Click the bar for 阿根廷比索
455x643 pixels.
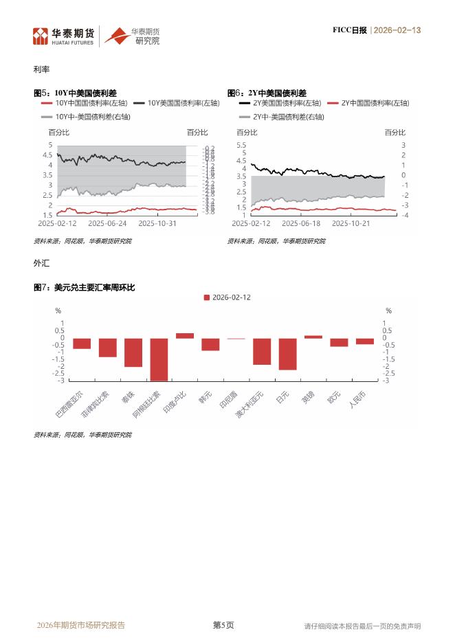pyautogui.click(x=159, y=359)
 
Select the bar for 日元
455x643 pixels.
pyautogui.click(x=287, y=354)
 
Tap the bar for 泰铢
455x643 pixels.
pyautogui.click(x=133, y=352)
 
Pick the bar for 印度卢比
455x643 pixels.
pyautogui.click(x=185, y=335)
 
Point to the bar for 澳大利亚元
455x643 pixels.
pyautogui.click(x=262, y=351)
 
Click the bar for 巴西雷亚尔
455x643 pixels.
pyautogui.click(x=82, y=343)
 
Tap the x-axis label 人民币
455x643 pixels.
pyautogui.click(x=357, y=400)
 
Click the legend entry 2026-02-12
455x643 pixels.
pyautogui.click(x=227, y=297)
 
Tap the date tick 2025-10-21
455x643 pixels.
pyautogui.click(x=351, y=223)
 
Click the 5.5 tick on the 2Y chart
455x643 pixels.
pyautogui.click(x=241, y=145)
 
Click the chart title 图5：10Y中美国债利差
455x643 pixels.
pyautogui.click(x=75, y=93)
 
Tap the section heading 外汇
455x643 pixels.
pyautogui.click(x=41, y=262)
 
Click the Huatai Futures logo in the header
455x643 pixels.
pyautogui.click(x=63, y=36)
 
